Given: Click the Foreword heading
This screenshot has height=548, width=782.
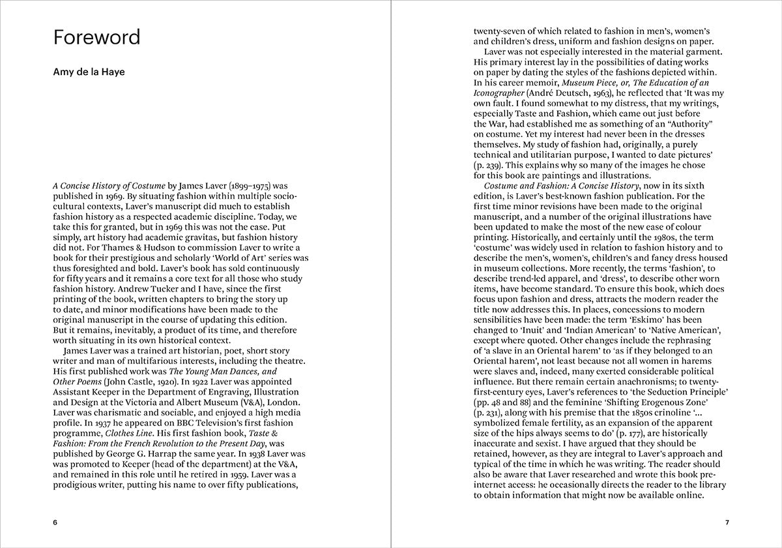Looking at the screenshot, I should [x=96, y=37].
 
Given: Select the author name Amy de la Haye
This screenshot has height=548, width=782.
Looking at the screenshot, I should [x=89, y=72].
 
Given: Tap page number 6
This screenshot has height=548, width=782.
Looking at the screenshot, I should [x=55, y=523].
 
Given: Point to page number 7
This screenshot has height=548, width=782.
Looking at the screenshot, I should [x=727, y=523].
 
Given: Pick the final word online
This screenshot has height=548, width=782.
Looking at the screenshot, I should [x=688, y=495].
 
